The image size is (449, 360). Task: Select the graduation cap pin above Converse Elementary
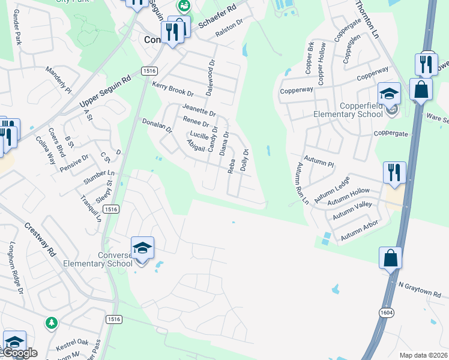[x=143, y=248]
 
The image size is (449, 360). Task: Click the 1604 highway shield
[x=387, y=313]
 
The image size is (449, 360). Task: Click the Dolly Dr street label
[x=244, y=160]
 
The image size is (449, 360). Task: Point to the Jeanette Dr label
[x=199, y=109]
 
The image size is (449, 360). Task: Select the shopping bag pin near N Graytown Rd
[x=390, y=258]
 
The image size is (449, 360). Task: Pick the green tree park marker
[x=52, y=323]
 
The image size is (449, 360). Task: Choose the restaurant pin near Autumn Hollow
[x=394, y=172]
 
